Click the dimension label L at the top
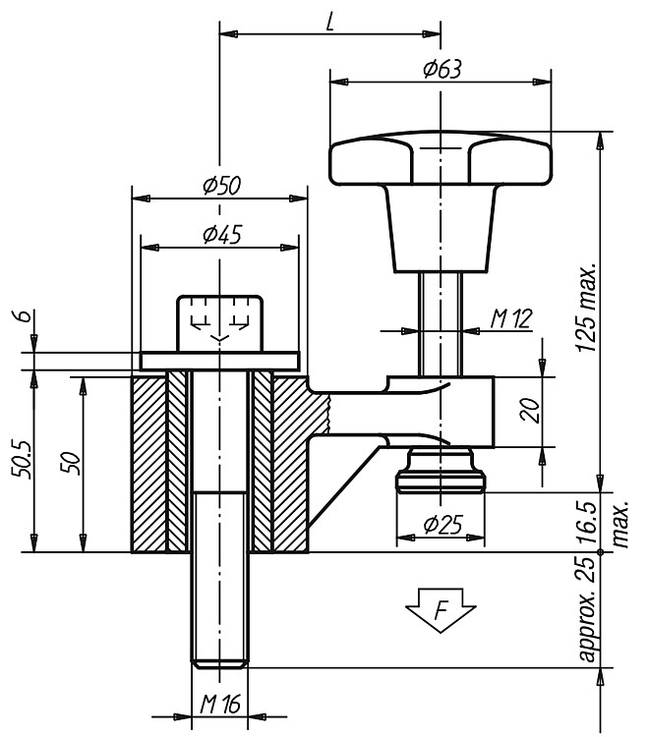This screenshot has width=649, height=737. click(x=330, y=22)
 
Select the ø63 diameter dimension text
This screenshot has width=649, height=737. click(x=442, y=69)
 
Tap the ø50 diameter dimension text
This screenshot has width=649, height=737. click(x=221, y=186)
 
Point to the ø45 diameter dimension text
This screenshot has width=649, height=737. click(x=222, y=235)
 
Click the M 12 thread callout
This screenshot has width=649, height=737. click(x=511, y=319)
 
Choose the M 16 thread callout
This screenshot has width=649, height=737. click(x=220, y=705)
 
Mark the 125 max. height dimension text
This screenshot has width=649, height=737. click(x=587, y=307)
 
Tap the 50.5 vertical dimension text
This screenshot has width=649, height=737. click(x=23, y=460)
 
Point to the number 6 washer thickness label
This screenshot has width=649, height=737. click(x=26, y=315)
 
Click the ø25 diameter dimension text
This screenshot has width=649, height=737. click(x=443, y=525)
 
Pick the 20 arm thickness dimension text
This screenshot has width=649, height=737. click(x=530, y=411)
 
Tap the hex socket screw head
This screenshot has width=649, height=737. click(x=219, y=323)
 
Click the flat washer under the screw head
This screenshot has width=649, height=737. click(x=219, y=361)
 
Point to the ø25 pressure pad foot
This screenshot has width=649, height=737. click(x=441, y=470)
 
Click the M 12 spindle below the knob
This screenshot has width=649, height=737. click(x=441, y=324)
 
